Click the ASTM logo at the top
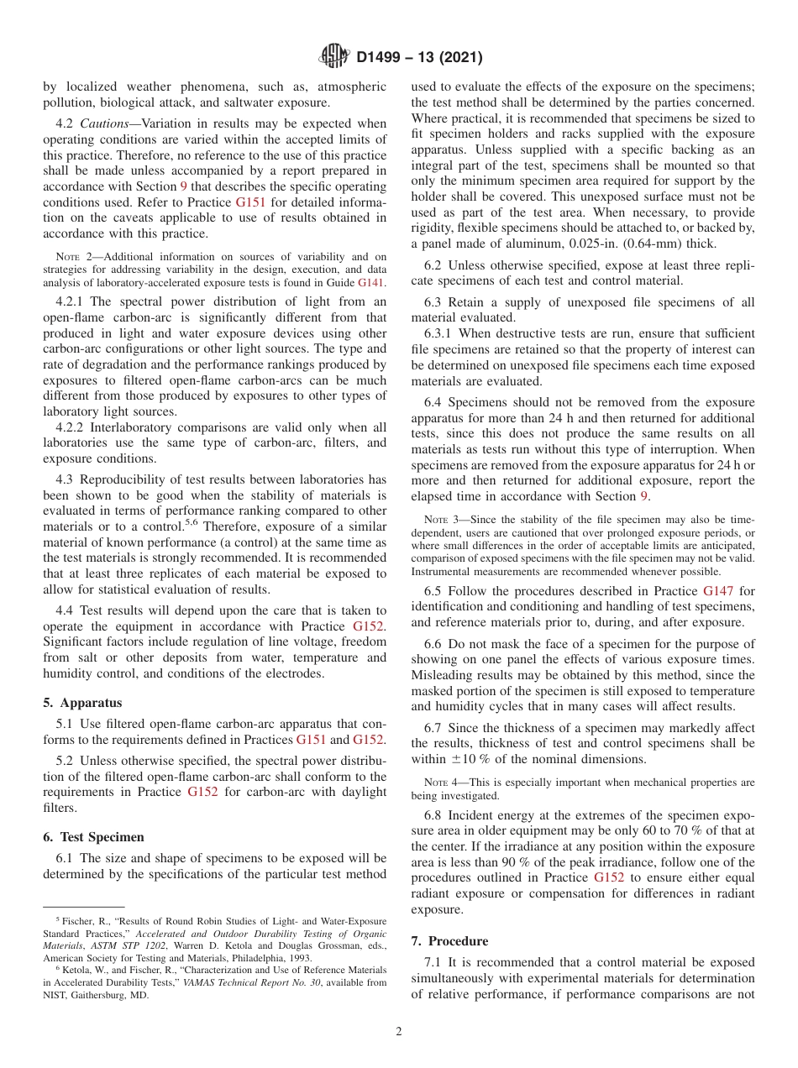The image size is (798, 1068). (335, 58)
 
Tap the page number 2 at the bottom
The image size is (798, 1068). (399, 1032)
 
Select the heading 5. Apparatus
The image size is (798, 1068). (82, 703)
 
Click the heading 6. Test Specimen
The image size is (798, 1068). (94, 837)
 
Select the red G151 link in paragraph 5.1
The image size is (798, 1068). (312, 740)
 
